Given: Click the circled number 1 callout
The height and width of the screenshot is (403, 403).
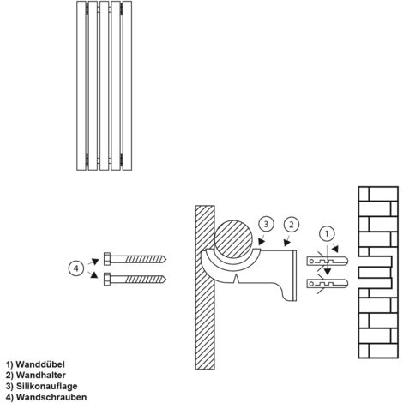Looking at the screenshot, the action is [x=327, y=234].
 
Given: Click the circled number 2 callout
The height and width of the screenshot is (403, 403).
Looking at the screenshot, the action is [x=292, y=225].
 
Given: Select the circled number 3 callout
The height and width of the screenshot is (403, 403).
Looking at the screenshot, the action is [x=266, y=224].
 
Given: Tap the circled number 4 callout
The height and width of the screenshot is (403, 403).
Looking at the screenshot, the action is [x=76, y=268].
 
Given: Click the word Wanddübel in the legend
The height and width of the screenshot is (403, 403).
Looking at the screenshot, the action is [x=40, y=364].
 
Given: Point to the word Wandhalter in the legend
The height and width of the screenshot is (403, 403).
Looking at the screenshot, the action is [x=41, y=375].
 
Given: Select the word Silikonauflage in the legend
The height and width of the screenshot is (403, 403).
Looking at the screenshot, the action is [x=46, y=386].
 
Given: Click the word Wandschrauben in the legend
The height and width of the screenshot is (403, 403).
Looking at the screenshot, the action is [x=51, y=397].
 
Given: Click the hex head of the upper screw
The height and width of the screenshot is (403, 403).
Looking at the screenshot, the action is [x=107, y=259].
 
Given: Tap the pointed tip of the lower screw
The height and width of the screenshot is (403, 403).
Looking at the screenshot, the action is [x=166, y=280].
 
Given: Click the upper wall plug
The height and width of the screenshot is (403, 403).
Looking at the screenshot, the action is [x=328, y=261].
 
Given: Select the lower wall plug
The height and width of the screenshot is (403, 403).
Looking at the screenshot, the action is [x=328, y=283].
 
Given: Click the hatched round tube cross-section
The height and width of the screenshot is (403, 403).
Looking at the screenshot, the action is [x=234, y=239].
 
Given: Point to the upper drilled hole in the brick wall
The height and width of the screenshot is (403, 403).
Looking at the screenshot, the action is [x=375, y=262].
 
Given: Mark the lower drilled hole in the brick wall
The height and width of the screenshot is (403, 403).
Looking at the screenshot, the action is [x=375, y=283].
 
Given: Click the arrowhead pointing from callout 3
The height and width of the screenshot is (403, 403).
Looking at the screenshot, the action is [x=262, y=242].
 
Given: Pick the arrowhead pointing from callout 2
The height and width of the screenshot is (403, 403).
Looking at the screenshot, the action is [x=286, y=243].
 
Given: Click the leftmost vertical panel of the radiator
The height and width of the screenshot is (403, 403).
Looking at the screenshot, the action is [x=81, y=86].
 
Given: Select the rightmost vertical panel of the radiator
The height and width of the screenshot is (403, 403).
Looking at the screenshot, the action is [x=127, y=86].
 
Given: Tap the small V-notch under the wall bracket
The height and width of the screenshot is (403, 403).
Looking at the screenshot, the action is [x=236, y=280].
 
